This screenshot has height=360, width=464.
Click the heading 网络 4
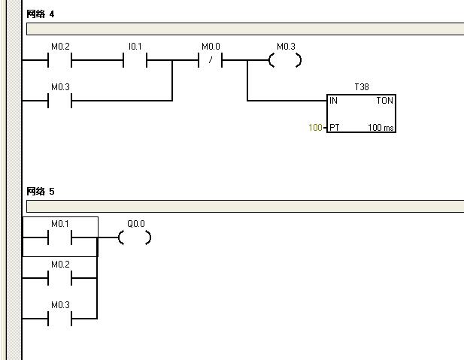[x=41, y=14]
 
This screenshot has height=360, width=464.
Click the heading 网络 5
[x=41, y=191]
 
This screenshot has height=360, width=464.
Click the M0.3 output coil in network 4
[x=285, y=60]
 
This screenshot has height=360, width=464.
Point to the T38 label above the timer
[x=362, y=87]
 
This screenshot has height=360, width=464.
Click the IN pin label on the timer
[x=333, y=100]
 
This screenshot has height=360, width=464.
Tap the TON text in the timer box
[x=384, y=100]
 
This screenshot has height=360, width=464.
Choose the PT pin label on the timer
[x=334, y=128]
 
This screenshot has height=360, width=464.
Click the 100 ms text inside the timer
[x=381, y=128]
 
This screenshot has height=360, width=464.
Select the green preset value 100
[x=315, y=128]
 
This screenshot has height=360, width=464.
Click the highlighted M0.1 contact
[x=59, y=237]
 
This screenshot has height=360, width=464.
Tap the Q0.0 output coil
[x=135, y=237]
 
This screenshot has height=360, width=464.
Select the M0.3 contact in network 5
[x=59, y=318]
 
